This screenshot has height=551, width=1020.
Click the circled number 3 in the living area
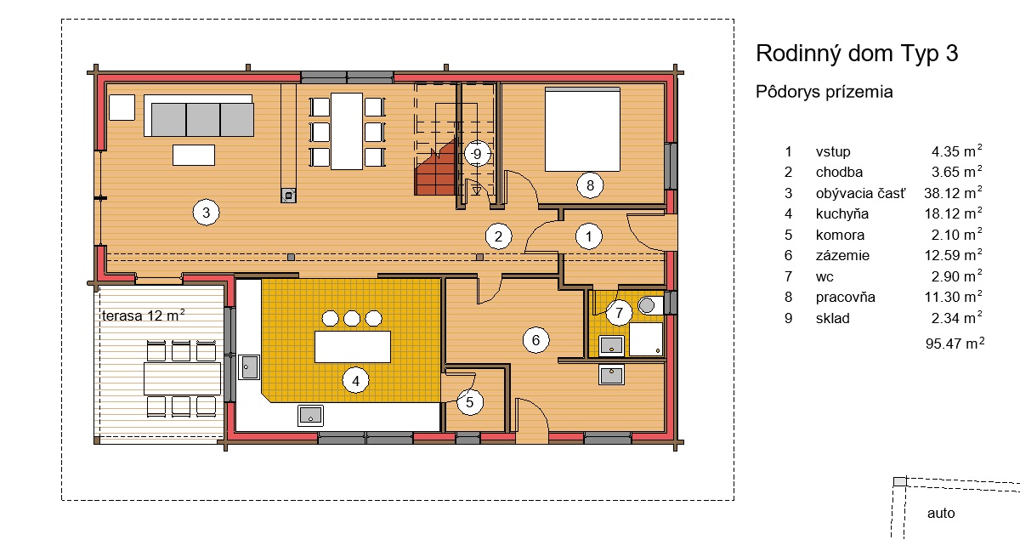click(x=207, y=213)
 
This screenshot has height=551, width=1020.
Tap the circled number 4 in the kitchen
click(x=355, y=380)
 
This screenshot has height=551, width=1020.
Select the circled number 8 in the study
click(x=590, y=185)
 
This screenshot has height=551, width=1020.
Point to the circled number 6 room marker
click(x=536, y=340)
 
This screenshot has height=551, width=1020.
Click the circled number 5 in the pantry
click(x=469, y=402)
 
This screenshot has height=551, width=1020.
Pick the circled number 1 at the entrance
click(x=589, y=236)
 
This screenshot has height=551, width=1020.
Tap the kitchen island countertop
click(x=353, y=347)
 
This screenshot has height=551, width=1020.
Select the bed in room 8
click(x=582, y=129)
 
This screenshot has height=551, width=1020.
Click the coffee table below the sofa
click(x=194, y=155)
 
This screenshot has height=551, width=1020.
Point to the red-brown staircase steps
click(x=435, y=169)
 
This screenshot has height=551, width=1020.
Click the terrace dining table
click(x=182, y=378)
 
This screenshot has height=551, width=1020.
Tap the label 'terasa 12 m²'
click(x=144, y=315)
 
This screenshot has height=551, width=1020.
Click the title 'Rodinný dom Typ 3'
click(x=857, y=54)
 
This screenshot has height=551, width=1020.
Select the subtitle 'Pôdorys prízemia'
click(x=824, y=92)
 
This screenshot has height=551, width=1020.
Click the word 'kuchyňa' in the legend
click(x=842, y=213)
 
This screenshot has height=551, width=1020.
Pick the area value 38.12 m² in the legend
click(x=953, y=193)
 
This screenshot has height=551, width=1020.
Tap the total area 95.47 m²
click(x=955, y=343)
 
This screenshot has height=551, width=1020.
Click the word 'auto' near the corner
click(x=941, y=514)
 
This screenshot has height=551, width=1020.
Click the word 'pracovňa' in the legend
click(x=845, y=298)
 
